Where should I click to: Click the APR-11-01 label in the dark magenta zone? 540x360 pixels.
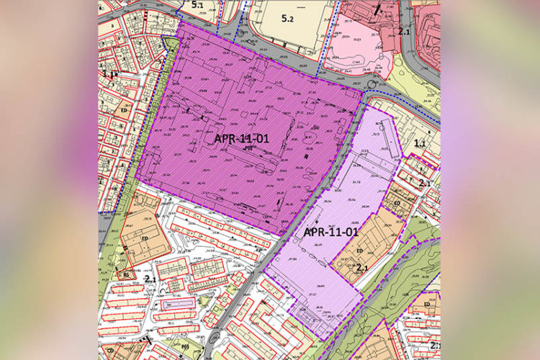(x=241, y=138)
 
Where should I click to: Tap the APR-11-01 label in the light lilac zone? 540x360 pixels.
(x=330, y=232)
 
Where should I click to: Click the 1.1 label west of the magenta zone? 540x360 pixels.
(x=108, y=73)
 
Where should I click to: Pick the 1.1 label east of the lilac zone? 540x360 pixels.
(x=420, y=143)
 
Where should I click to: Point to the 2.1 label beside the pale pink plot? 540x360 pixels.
(x=404, y=32)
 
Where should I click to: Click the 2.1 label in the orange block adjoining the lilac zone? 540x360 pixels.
(x=362, y=267)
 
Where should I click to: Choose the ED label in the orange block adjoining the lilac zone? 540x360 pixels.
(x=359, y=251)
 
